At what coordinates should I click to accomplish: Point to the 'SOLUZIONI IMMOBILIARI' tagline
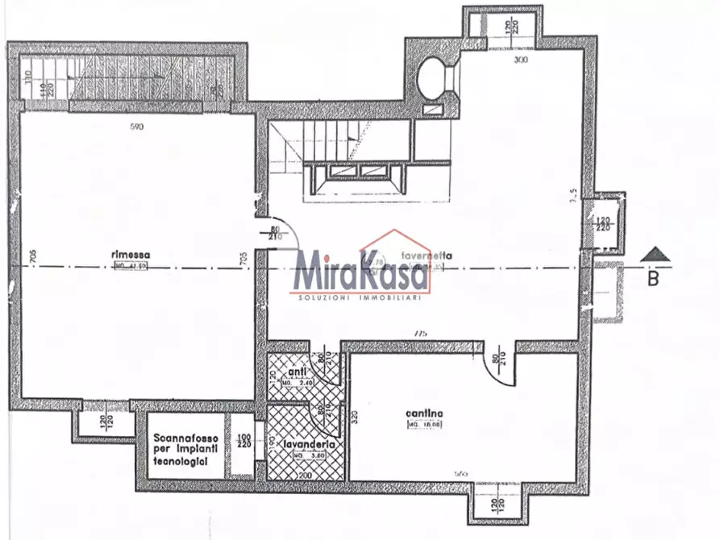tap(360, 298)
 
